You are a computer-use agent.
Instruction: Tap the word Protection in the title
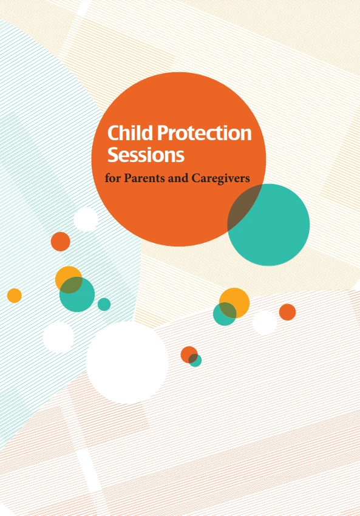pos(201,134)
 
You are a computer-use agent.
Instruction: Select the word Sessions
pos(146,155)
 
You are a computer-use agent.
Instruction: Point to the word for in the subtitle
pos(112,180)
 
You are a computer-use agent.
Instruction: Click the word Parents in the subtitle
pos(144,180)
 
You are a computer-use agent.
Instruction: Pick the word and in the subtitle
pos(182,180)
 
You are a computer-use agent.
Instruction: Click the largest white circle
pos(127,362)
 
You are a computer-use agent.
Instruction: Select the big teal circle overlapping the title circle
pos(276,228)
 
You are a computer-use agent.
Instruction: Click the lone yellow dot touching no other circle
pos(14,296)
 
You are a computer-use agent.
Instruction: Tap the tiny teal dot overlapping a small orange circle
pos(195,361)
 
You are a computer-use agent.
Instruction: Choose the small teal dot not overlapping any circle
pos(104,304)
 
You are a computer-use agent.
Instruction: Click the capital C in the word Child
pos(113,134)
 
